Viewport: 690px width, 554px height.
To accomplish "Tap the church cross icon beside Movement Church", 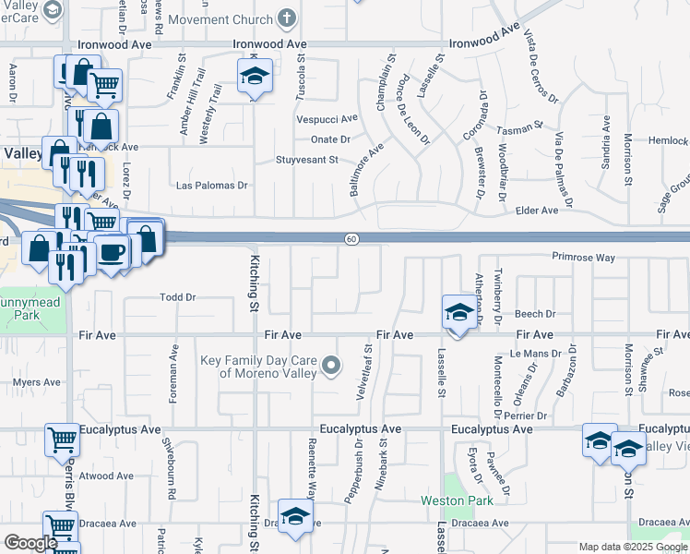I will (x=287, y=19).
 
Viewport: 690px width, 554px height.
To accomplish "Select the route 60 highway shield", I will (x=351, y=239).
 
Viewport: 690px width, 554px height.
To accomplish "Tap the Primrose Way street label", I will (x=583, y=258).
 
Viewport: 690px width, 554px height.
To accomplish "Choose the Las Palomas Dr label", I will (x=212, y=185).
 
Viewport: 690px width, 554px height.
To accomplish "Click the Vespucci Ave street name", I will (x=327, y=119).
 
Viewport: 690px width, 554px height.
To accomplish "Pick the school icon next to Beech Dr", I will (x=458, y=312).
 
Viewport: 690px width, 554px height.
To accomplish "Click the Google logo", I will (x=30, y=543).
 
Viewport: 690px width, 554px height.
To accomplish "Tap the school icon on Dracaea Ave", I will (x=295, y=518).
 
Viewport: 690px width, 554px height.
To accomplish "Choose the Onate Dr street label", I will (x=330, y=139).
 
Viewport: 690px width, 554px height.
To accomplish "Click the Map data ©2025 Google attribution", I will (x=633, y=547).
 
